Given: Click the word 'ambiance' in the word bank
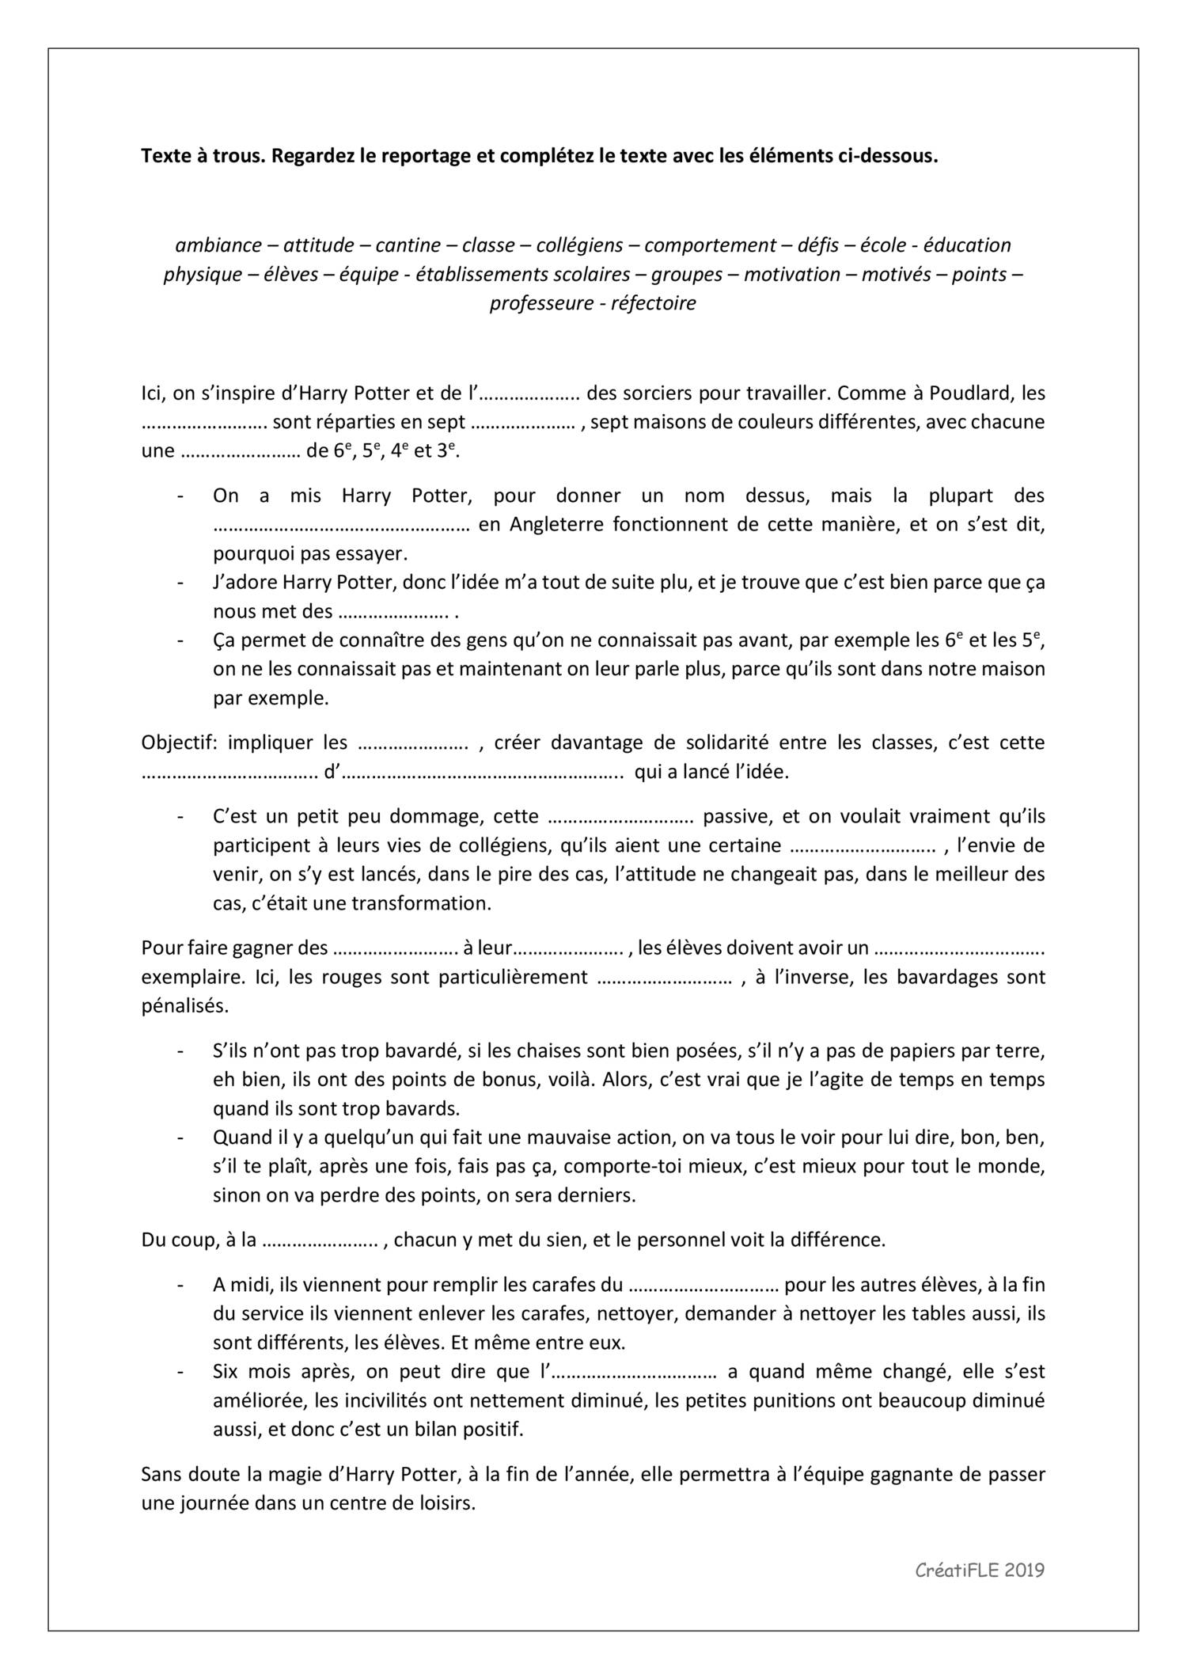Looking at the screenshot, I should [218, 245].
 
